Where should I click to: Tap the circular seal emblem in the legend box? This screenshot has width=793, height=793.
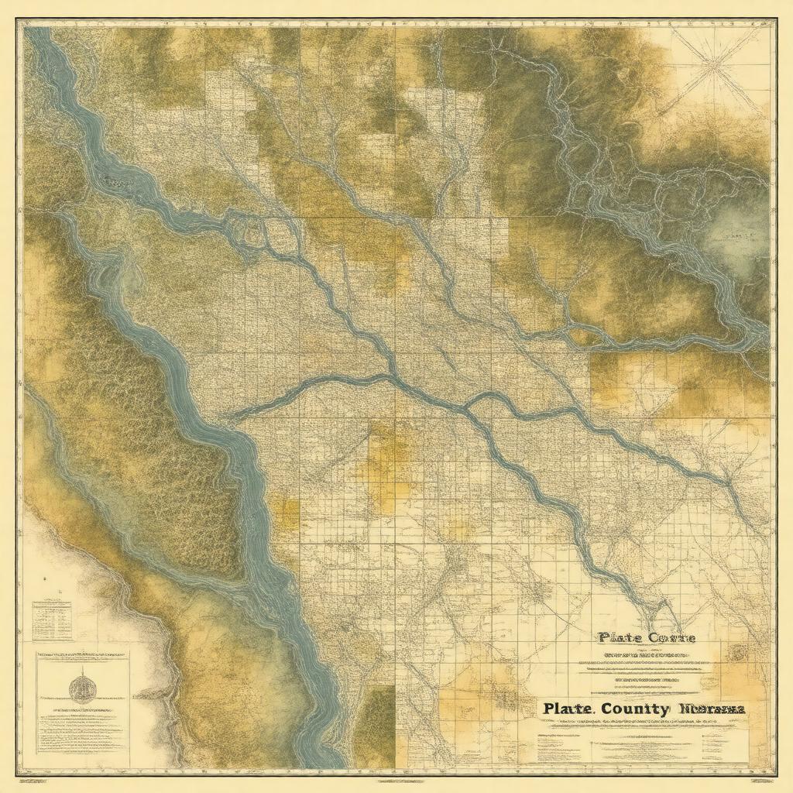81,688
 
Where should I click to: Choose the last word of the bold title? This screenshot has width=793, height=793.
713,708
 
